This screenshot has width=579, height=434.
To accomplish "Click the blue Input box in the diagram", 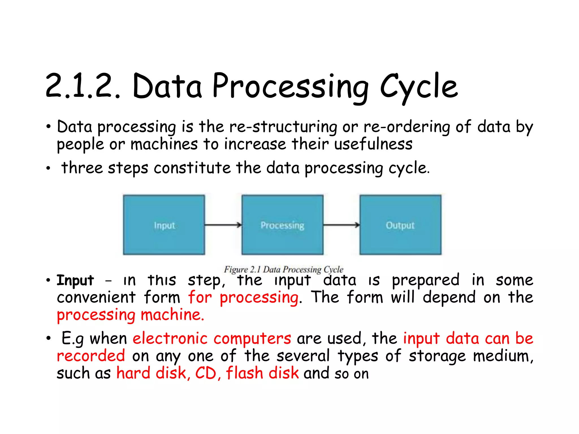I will (164, 225).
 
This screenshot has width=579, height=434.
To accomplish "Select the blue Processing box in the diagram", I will (282, 225).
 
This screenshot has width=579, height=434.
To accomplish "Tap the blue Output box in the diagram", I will (400, 225).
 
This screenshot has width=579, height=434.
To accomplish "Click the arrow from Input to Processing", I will (223, 225).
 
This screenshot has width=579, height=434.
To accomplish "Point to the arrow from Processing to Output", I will (341, 225).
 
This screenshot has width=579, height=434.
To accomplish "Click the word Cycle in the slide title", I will (419, 86).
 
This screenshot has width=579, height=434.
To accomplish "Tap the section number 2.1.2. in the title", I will (83, 86).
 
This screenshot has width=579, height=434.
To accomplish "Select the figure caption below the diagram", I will (284, 269).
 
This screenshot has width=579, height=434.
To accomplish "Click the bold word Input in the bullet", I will (75, 281).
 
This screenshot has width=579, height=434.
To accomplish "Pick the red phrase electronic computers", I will (212, 338).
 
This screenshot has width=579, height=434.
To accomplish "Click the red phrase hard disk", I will (152, 373).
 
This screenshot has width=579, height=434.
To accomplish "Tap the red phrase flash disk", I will (262, 373).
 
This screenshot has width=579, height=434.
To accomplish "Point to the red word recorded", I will (91, 356).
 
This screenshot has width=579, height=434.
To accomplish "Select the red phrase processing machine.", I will (130, 315).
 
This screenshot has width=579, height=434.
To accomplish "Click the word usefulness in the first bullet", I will (373, 144).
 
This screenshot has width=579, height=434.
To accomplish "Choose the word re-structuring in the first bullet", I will (283, 127).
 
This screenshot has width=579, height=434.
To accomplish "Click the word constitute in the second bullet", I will (192, 168).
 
